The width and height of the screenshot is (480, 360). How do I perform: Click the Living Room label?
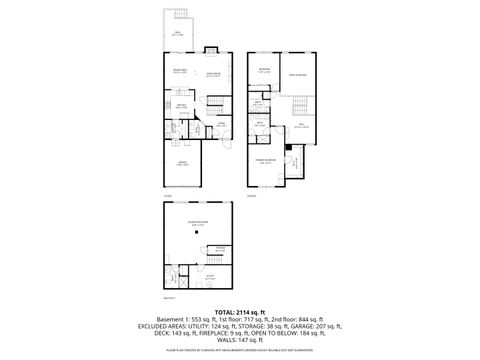(212, 73)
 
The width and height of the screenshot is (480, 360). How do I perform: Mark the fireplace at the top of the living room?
(212, 51)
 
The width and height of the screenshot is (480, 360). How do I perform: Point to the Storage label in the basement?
(219, 249)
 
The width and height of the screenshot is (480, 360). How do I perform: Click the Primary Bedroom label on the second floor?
(265, 163)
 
